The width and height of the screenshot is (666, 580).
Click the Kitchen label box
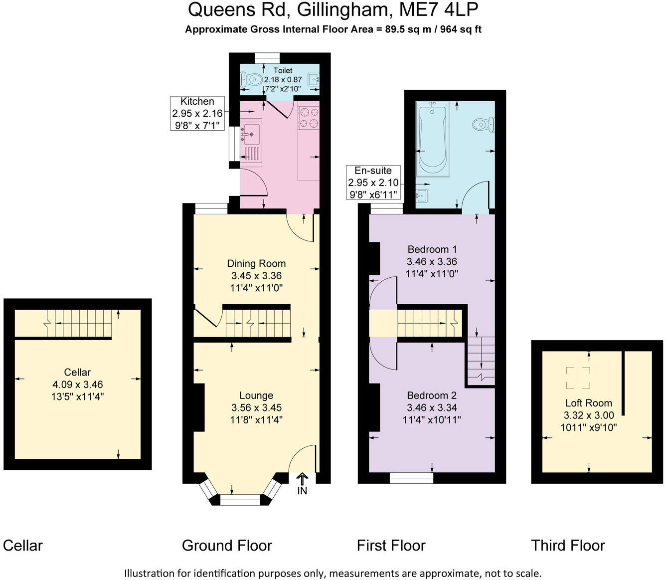(197, 113)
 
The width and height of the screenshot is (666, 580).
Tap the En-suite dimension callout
(373, 183)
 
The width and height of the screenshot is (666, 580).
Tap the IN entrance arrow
(302, 483)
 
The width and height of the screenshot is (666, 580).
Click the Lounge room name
(256, 395)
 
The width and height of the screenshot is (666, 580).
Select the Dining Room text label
(256, 263)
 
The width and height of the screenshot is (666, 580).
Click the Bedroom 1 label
(432, 249)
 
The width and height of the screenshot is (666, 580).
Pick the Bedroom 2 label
(431, 395)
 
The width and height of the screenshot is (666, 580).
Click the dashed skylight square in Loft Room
(578, 378)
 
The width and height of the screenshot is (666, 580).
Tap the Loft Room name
(588, 403)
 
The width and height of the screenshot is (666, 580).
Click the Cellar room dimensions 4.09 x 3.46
(77, 385)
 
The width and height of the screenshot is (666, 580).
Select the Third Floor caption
(568, 546)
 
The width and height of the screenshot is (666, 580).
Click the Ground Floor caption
(227, 546)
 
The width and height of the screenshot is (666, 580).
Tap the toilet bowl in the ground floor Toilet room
(253, 79)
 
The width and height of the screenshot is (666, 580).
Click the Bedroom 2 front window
(411, 478)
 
